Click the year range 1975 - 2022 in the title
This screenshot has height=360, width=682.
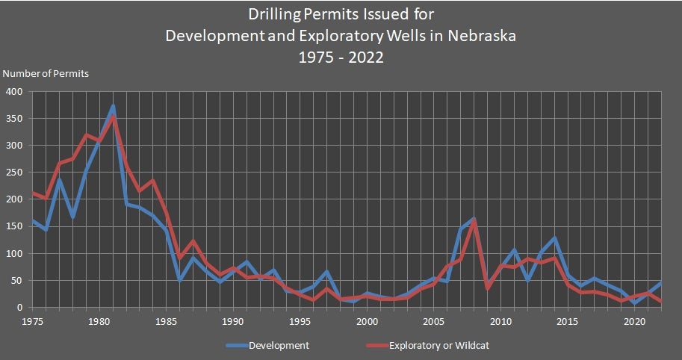[341, 57]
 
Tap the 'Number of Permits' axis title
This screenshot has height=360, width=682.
[46, 74]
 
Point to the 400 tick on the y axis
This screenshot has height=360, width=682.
[15, 92]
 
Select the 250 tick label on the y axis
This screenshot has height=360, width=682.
[15, 173]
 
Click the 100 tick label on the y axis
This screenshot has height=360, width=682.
[15, 254]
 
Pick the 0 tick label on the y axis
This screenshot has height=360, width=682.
[21, 308]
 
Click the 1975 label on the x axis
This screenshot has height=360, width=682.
[31, 322]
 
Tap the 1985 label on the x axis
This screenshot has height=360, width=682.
[165, 322]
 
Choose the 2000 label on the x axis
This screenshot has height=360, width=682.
[366, 322]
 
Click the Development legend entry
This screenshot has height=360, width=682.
[278, 345]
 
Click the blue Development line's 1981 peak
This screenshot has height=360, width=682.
[113, 106]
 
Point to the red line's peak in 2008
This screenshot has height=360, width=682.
[474, 222]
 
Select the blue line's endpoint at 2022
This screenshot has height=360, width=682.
[661, 283]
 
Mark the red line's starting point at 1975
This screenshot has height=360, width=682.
[32, 193]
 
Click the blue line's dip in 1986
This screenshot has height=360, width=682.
[179, 280]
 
